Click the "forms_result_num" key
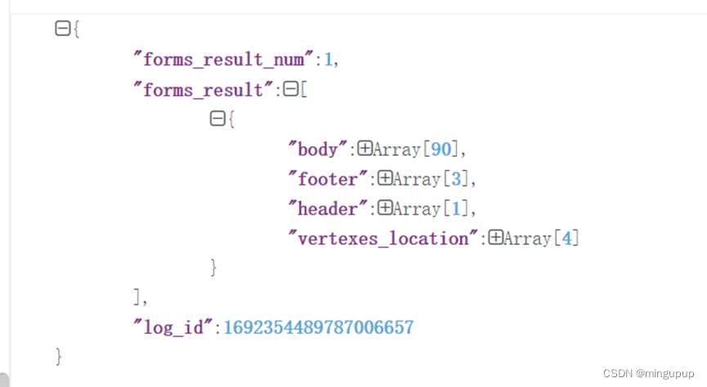224,60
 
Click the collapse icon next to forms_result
290,90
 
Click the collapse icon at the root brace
61,29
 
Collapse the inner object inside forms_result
217,119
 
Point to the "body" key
318,149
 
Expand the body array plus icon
365,149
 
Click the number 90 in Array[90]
440,149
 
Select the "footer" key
328,180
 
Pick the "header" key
328,209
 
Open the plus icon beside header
385,209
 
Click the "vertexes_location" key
383,238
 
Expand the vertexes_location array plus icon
495,238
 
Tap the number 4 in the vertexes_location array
566,238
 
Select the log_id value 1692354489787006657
318,328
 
